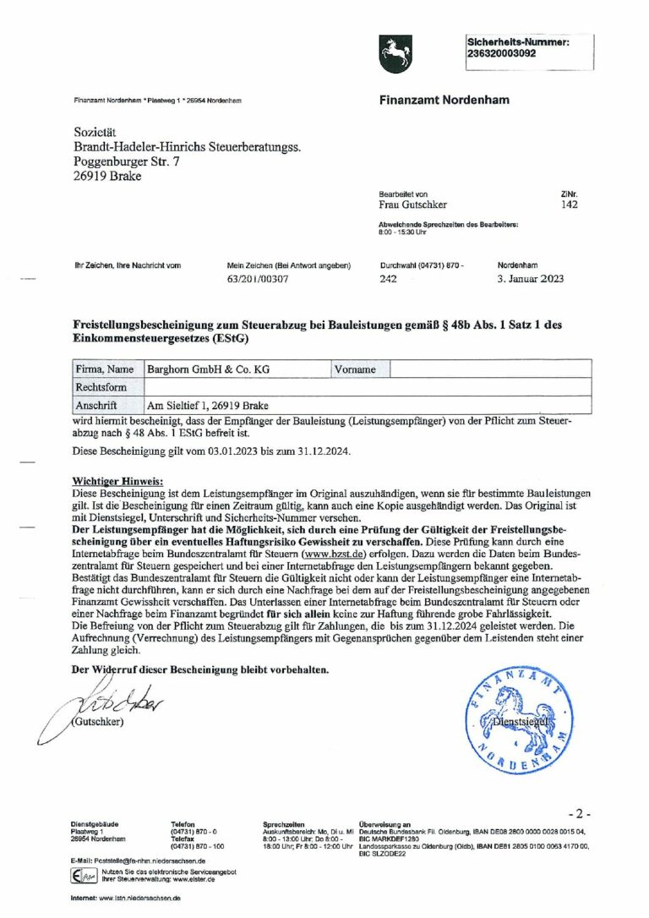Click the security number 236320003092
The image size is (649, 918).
501,52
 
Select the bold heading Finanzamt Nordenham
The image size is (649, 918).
444,100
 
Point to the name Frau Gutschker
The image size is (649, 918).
412,205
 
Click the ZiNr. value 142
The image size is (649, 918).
569,205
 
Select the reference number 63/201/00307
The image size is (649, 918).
258,278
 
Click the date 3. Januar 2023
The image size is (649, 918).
531,278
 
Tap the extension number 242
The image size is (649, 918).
388,278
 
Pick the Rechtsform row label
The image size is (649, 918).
101,386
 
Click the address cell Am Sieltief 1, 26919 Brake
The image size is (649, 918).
208,404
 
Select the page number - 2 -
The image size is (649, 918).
579,813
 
